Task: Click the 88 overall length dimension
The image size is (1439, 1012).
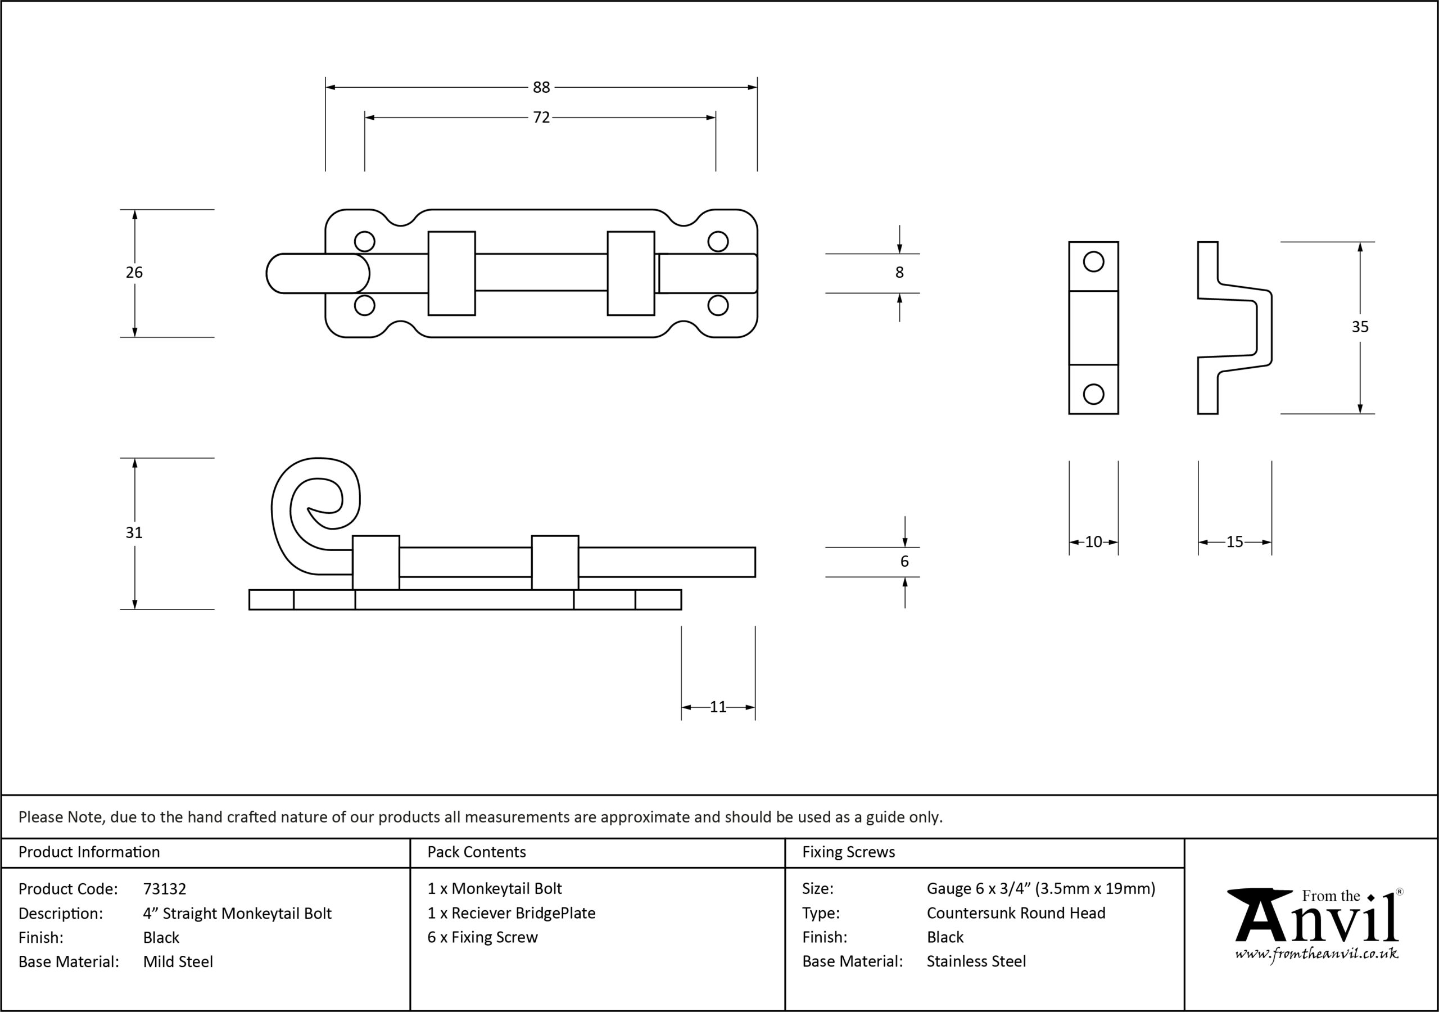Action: pyautogui.click(x=541, y=87)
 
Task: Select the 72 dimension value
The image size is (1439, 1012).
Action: pyautogui.click(x=541, y=118)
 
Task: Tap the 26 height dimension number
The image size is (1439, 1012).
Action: pyautogui.click(x=134, y=272)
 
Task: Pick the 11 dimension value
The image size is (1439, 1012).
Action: pyautogui.click(x=718, y=707)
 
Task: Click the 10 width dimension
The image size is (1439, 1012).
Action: pyautogui.click(x=1094, y=542)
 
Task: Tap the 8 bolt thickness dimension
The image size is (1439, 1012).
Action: pyautogui.click(x=899, y=272)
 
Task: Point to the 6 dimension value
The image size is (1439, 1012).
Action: pyautogui.click(x=904, y=561)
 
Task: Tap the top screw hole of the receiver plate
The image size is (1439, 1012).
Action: pyautogui.click(x=1094, y=261)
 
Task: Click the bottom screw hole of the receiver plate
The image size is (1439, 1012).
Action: pyautogui.click(x=1094, y=394)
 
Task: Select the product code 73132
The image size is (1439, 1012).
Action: pyautogui.click(x=164, y=888)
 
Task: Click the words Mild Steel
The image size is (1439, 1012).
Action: pyautogui.click(x=178, y=961)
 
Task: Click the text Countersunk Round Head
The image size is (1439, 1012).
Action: pyautogui.click(x=1016, y=913)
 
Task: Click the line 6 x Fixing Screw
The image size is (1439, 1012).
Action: pyautogui.click(x=483, y=937)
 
